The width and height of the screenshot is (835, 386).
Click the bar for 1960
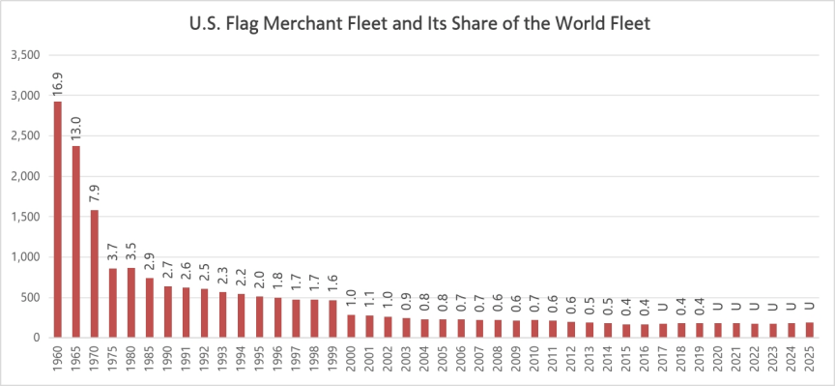(58, 220)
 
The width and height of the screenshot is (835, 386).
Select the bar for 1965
(76, 242)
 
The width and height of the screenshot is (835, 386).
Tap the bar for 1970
(95, 274)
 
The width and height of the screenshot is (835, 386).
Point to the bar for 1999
(332, 319)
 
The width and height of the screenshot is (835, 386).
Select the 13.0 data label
(76, 127)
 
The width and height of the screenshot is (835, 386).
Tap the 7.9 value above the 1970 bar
(95, 194)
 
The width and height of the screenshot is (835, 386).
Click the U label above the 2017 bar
(663, 307)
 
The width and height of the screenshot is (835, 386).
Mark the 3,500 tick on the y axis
(25, 55)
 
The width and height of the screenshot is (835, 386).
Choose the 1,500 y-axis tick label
(25, 217)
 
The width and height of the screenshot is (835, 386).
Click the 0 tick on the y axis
(36, 338)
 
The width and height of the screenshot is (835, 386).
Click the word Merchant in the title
(304, 24)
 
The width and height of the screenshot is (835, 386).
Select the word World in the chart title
(587, 24)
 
